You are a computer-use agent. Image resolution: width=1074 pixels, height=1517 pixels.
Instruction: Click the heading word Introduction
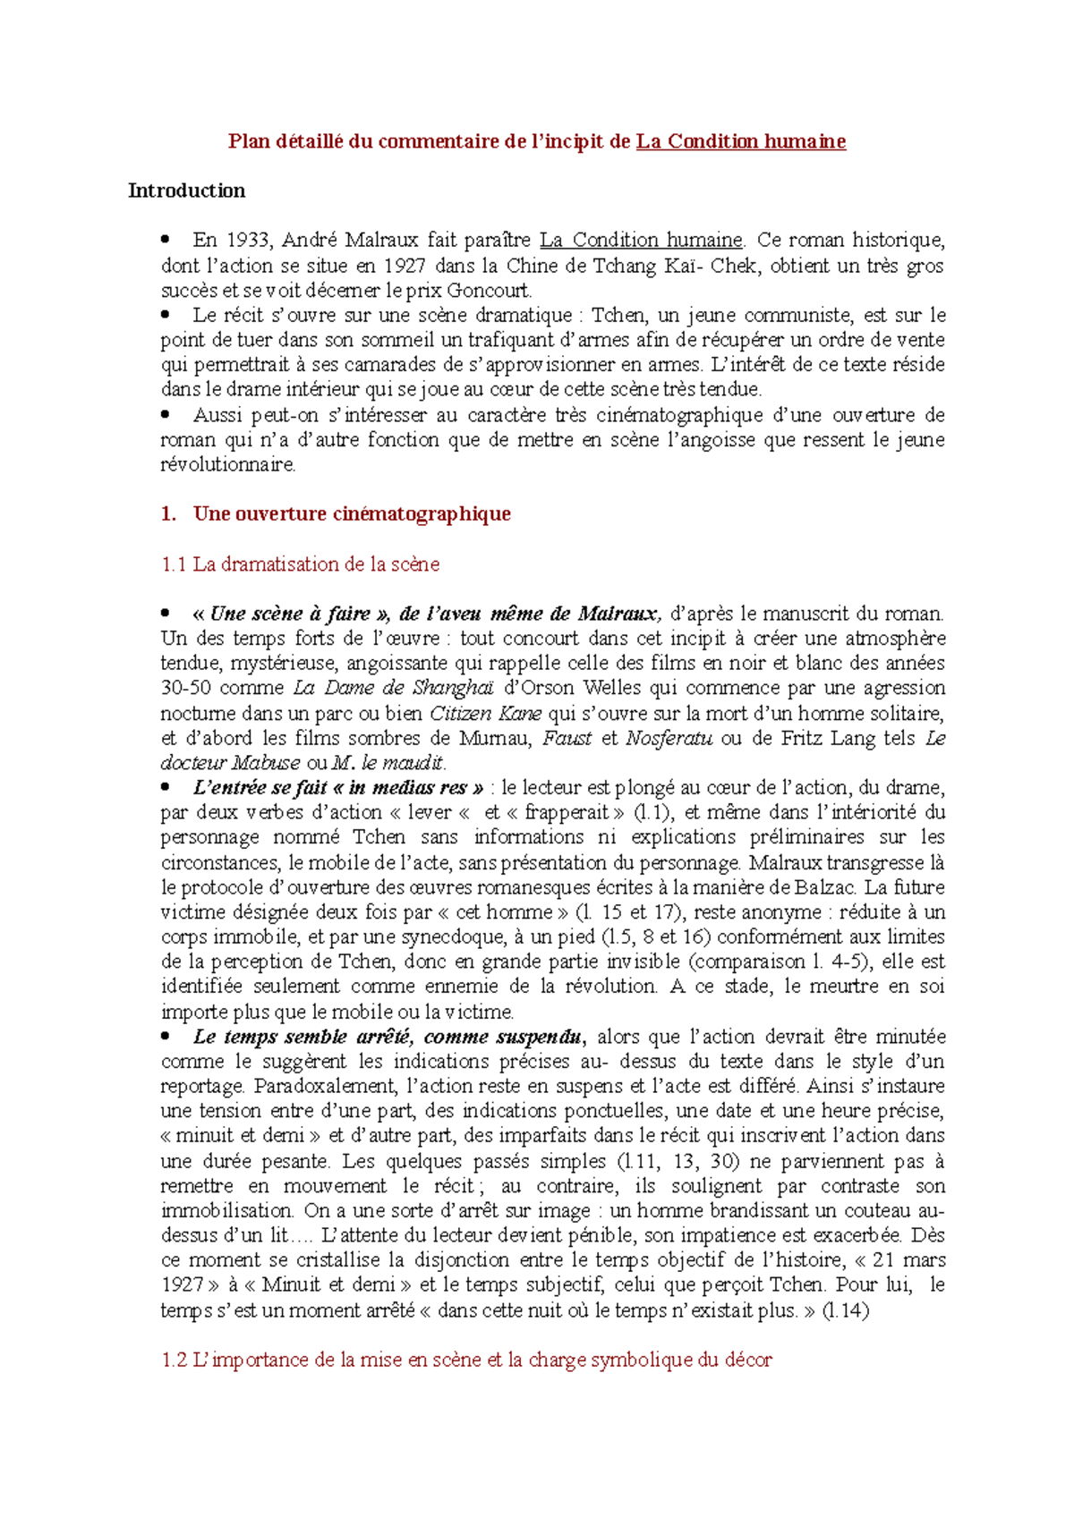(x=186, y=191)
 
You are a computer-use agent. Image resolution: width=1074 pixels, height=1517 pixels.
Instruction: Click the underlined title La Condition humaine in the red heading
(x=740, y=141)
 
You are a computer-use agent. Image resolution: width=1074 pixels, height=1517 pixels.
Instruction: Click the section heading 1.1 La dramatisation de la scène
(x=300, y=564)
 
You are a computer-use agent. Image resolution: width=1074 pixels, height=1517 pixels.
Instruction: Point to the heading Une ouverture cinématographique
(x=352, y=513)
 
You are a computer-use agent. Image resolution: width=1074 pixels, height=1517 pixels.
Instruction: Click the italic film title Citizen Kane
(x=486, y=714)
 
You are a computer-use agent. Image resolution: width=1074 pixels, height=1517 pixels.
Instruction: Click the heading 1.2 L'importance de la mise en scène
(x=466, y=1360)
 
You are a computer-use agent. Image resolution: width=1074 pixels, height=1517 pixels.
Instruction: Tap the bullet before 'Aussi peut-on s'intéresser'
(x=165, y=415)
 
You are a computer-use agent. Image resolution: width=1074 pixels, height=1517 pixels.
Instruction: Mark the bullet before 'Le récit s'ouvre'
(x=165, y=315)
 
